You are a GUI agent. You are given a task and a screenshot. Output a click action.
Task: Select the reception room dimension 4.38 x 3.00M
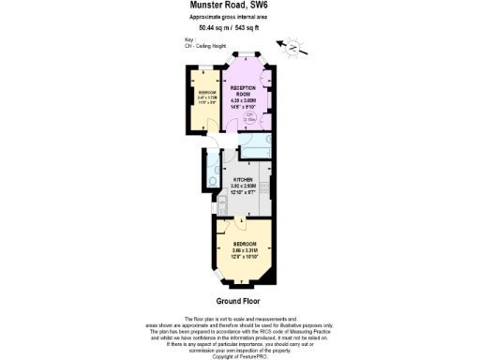243,101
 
